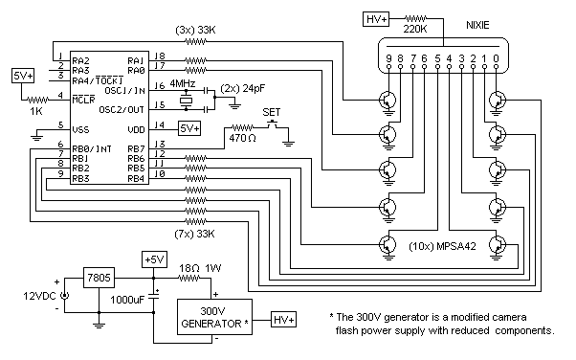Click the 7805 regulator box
coord(99,278)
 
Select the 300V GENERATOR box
coord(215,317)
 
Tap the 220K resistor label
coord(415,30)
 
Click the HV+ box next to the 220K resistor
coord(376,19)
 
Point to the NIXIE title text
coord(477,25)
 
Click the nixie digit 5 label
coord(437,58)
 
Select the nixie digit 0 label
coord(496,58)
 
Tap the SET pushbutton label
coord(272,112)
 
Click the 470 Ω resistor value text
coord(242,138)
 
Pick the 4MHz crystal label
coord(182,83)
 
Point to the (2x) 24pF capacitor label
coord(243,89)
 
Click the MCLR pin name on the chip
coord(84,100)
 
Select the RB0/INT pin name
coord(92,149)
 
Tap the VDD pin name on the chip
coord(136,130)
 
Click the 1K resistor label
coord(36,111)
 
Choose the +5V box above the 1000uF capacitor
coord(155,259)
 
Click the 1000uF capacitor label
coord(127,300)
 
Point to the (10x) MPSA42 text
coord(442,246)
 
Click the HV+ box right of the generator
coord(284,320)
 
